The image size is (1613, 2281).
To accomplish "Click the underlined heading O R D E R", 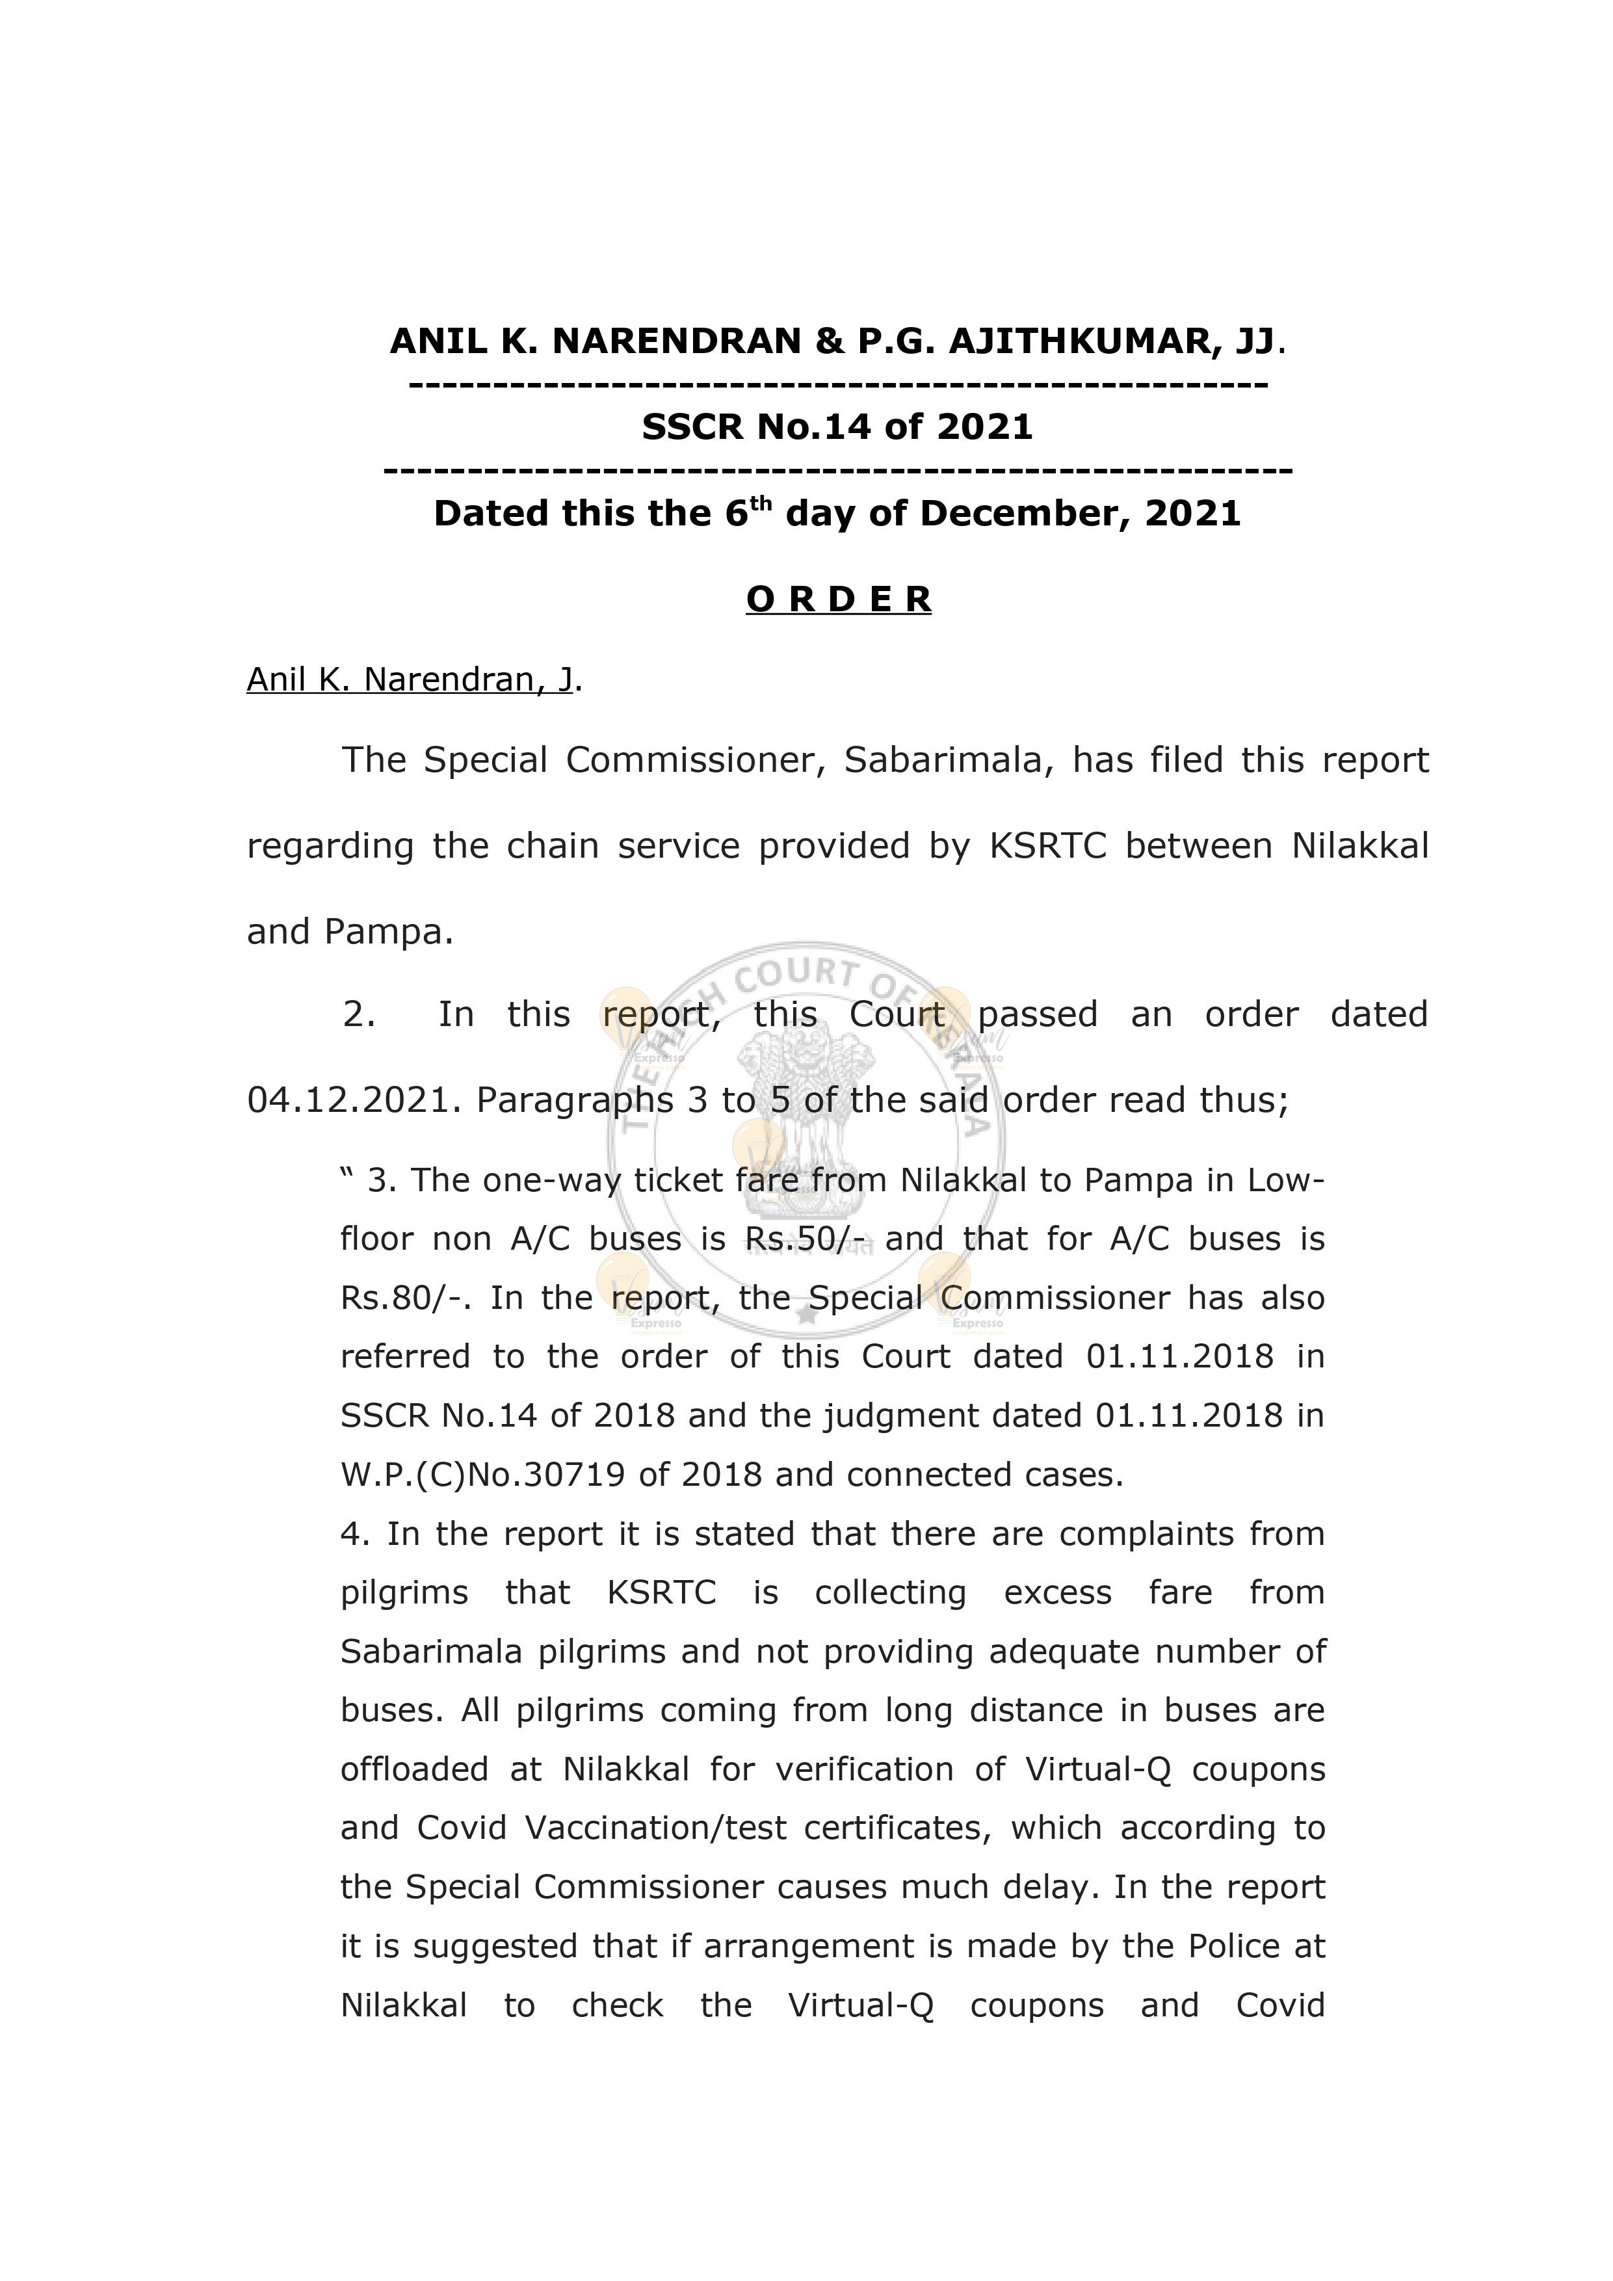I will click(x=838, y=599).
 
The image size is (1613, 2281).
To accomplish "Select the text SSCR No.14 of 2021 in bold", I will click(x=837, y=427).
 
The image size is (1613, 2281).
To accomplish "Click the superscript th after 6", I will click(x=760, y=503).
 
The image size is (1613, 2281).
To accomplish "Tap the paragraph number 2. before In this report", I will click(x=359, y=1015).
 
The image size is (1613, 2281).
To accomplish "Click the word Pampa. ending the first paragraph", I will click(x=388, y=932).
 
